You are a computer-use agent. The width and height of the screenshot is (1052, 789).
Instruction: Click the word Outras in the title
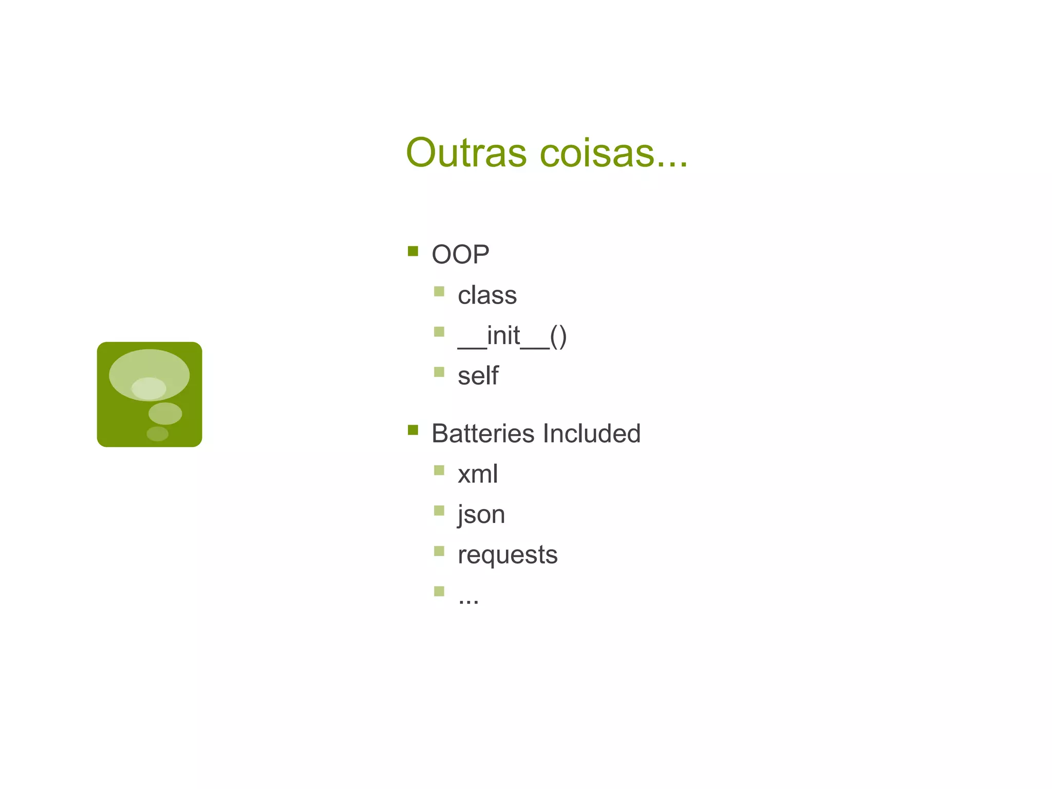(466, 153)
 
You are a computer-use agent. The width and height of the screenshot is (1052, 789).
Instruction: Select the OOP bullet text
(460, 254)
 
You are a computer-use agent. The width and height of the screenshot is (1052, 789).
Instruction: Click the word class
(487, 295)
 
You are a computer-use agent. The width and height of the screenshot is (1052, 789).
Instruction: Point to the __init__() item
(512, 336)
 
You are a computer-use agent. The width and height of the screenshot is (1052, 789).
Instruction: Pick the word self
(478, 376)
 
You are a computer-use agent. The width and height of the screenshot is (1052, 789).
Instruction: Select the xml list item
(478, 474)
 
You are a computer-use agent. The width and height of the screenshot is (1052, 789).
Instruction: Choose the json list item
(481, 515)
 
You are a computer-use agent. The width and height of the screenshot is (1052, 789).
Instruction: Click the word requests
(508, 555)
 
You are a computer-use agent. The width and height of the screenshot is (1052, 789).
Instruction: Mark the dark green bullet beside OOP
(413, 251)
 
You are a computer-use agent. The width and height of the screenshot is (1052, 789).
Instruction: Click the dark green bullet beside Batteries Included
(413, 430)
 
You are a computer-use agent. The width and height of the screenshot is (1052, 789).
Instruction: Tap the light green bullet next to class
(439, 292)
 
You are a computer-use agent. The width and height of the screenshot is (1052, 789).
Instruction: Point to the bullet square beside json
(439, 511)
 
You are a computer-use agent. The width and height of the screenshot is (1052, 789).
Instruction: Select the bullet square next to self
(439, 372)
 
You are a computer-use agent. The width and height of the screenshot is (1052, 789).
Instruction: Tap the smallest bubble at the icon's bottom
(157, 434)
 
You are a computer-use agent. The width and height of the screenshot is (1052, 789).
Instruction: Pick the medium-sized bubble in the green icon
(165, 414)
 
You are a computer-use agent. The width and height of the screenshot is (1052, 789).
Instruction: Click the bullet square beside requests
(439, 551)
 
